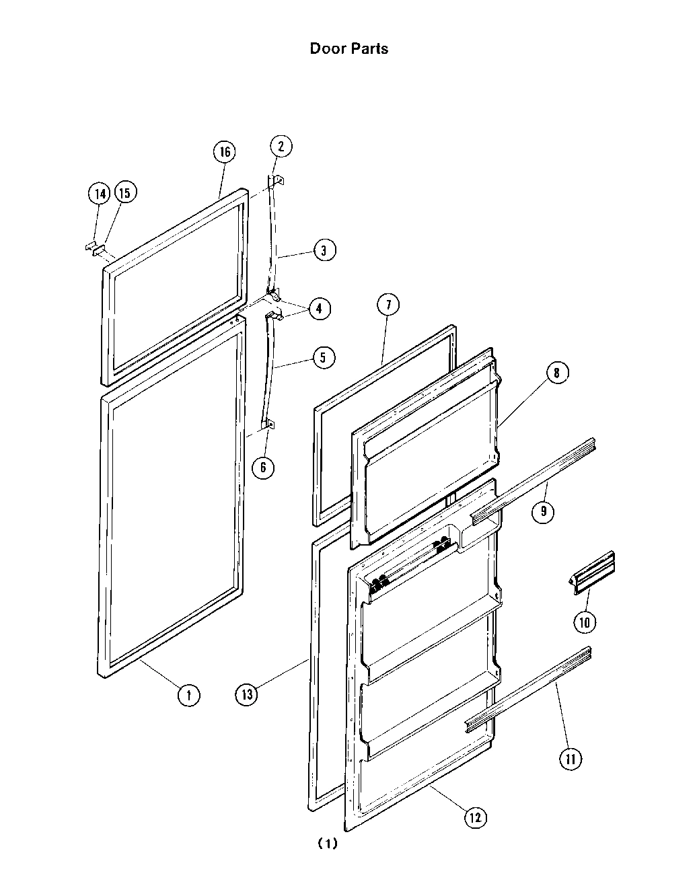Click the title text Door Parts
click(x=348, y=48)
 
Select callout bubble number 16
click(x=225, y=152)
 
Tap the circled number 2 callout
click(x=281, y=146)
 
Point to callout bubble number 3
click(x=324, y=250)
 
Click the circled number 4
click(x=319, y=309)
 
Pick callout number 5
click(x=323, y=357)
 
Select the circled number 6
click(x=263, y=467)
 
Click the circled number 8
click(x=557, y=373)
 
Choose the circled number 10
click(x=584, y=622)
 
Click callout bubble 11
click(x=571, y=759)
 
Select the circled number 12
click(x=475, y=817)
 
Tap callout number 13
click(x=247, y=694)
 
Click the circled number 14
click(x=99, y=194)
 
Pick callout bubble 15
click(x=124, y=193)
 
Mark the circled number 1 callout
click(x=188, y=694)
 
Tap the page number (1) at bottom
click(x=327, y=844)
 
